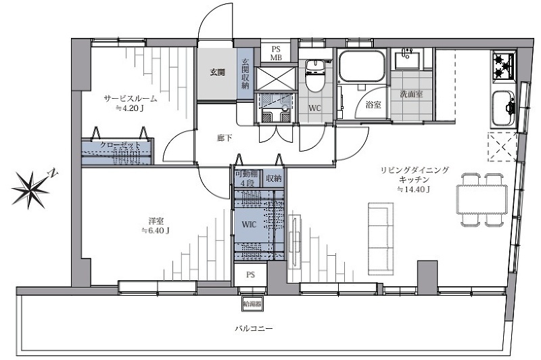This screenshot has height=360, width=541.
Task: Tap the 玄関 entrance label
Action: click(x=216, y=72)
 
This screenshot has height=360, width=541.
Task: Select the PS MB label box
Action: click(x=277, y=53)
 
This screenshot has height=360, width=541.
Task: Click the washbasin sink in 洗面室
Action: click(x=410, y=60)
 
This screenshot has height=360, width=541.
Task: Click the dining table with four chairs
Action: click(x=481, y=200)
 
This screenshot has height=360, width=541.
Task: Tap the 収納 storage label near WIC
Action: click(x=273, y=179)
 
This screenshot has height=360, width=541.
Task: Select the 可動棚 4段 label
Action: click(x=245, y=179)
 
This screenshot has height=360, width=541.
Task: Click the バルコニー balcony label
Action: click(x=254, y=329)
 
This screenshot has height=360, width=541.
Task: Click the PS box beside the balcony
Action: click(x=251, y=275)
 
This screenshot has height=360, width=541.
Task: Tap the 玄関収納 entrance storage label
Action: click(x=245, y=72)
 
